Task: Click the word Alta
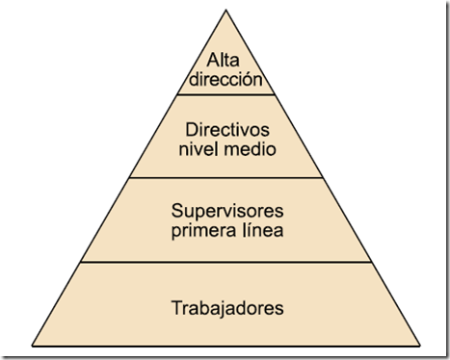point(226,62)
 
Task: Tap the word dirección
point(226,80)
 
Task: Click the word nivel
point(200,149)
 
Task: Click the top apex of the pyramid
point(226,11)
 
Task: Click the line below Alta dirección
point(226,94)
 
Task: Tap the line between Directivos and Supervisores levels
point(226,177)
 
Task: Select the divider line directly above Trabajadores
point(226,262)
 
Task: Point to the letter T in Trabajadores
point(175,309)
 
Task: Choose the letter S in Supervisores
point(174,209)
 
